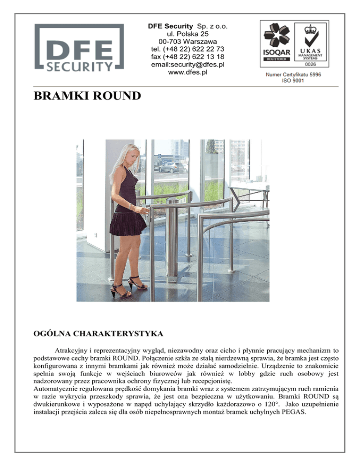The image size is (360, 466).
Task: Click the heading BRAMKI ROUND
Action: [87, 96]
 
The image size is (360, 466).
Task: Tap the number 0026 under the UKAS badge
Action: [310, 64]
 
